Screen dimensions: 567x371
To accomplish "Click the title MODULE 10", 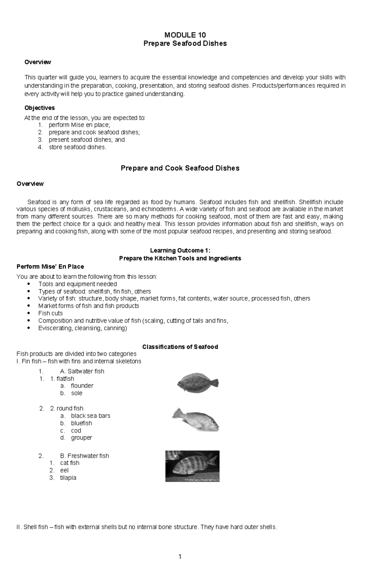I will click(185, 35).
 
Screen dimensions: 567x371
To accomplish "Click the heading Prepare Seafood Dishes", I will click(185, 44).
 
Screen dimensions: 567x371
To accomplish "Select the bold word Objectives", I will click(40, 108).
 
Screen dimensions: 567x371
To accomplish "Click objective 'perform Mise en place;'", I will click(79, 125).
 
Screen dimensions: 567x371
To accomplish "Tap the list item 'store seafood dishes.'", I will click(77, 147).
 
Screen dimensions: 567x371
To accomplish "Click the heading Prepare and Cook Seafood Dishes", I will click(180, 168).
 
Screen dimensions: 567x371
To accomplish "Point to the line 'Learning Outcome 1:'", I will click(180, 251).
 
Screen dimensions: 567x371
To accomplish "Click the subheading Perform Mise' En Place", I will click(50, 267).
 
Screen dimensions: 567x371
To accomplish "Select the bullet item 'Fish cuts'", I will click(50, 313).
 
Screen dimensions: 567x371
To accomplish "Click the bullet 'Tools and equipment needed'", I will click(77, 284).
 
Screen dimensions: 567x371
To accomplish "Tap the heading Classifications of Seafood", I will click(180, 347).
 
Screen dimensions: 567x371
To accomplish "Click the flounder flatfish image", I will click(198, 383).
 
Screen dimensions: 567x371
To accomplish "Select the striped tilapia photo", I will click(192, 466).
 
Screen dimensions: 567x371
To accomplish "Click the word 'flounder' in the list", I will click(82, 386).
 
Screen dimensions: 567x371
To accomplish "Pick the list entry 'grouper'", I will click(81, 438).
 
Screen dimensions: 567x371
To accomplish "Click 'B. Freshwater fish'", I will click(84, 456).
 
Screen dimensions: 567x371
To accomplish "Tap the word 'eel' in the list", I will click(64, 471).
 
